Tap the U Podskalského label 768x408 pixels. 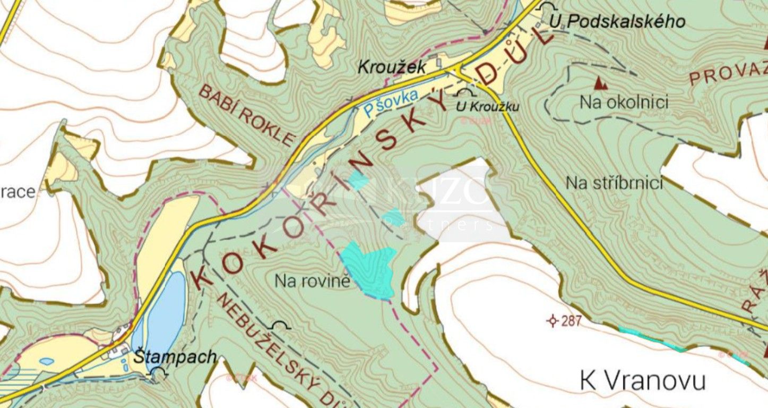coord(617,22)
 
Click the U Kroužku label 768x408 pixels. coord(488,106)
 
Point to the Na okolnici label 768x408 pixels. coord(624,102)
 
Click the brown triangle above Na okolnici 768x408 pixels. coord(600,83)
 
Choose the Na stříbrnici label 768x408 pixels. coord(614,183)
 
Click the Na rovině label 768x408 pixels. coord(313,280)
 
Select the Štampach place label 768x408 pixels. coord(175,357)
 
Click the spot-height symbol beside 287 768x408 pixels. coord(553,321)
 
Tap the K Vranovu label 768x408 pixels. coord(642,381)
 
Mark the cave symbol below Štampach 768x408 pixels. coord(158,374)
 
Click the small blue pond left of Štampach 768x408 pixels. coord(47,361)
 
